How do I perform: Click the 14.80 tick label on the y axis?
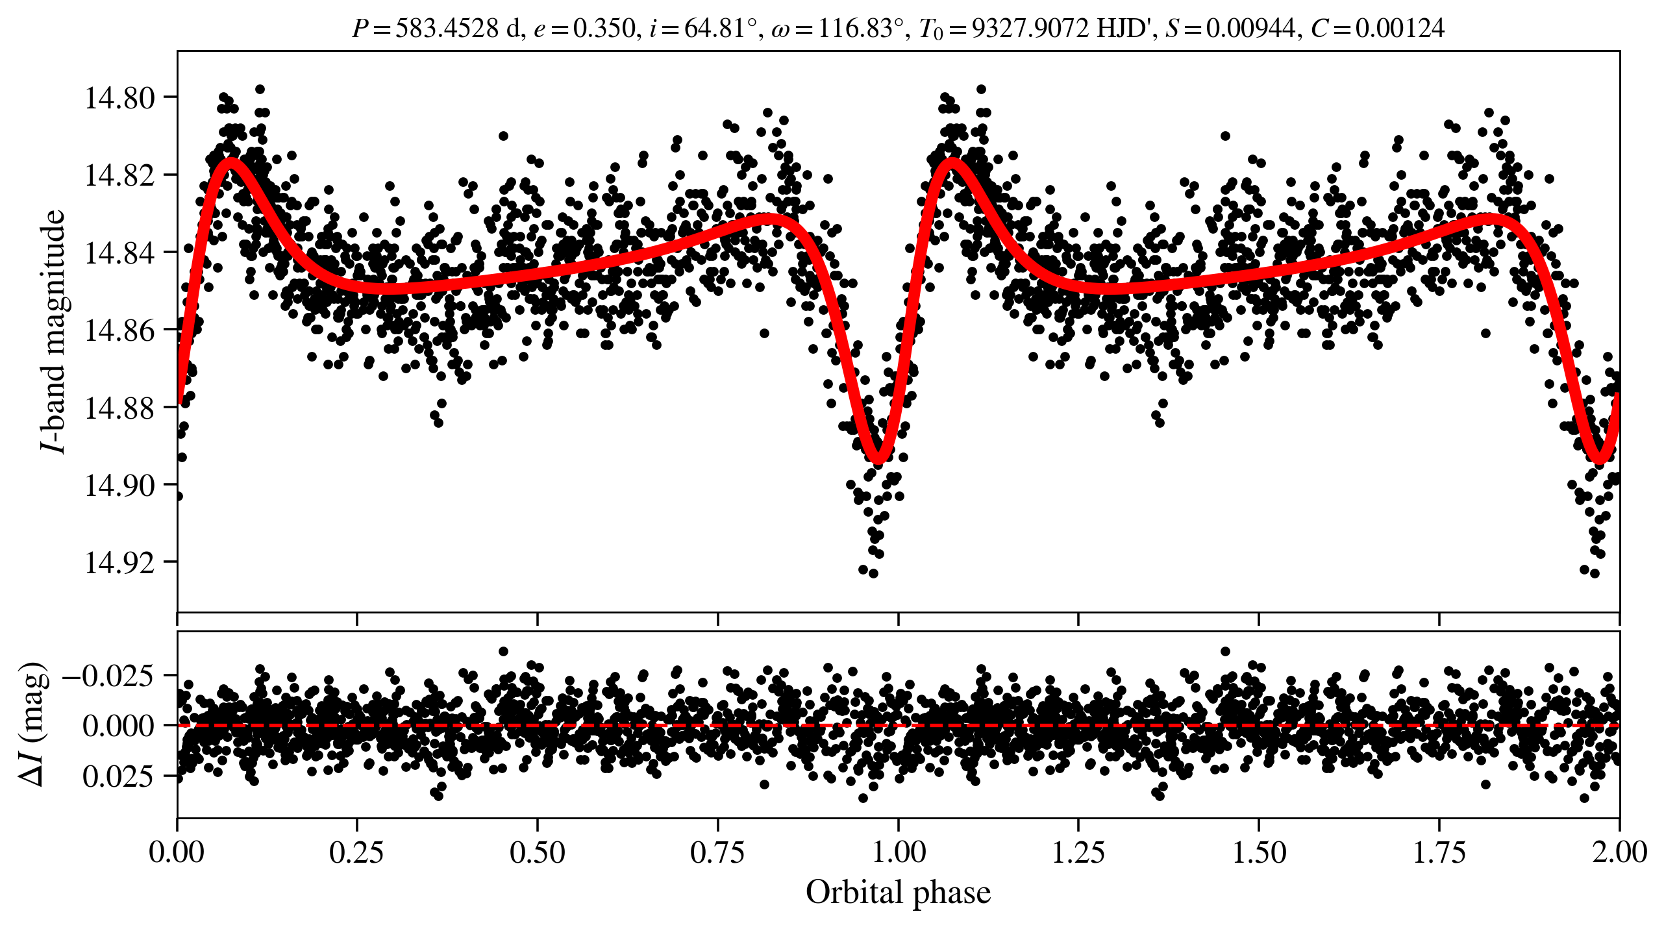[x=119, y=98]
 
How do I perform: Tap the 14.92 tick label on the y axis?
[x=119, y=562]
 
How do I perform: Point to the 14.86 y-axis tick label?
[x=119, y=330]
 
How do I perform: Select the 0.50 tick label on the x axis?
[x=537, y=852]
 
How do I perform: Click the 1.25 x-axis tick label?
[x=1078, y=852]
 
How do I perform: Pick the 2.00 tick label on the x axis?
[x=1619, y=852]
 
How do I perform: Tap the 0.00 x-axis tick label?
[x=177, y=852]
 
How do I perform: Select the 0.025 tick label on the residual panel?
[x=118, y=776]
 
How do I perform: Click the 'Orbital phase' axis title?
[x=898, y=893]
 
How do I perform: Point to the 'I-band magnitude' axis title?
[x=53, y=331]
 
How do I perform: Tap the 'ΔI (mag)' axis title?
[x=32, y=724]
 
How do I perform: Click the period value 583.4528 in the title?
[x=447, y=29]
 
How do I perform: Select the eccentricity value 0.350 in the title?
[x=603, y=29]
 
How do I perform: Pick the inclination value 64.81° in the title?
[x=720, y=29]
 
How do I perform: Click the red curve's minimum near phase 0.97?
[x=878, y=458]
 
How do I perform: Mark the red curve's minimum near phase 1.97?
[x=1599, y=458]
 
